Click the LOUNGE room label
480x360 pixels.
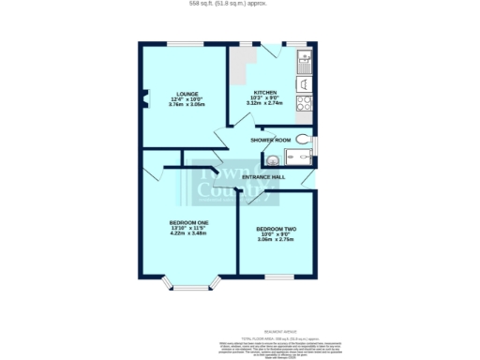pos(184,93)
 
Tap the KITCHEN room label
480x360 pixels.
pos(264,92)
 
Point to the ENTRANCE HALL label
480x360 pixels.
pos(263,177)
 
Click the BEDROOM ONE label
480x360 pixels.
pos(188,222)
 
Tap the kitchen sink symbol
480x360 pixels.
pos(305,63)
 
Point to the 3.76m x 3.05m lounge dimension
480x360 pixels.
pos(184,104)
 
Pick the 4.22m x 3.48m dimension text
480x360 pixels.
pos(188,233)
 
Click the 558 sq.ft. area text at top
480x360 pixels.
pos(240,4)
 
